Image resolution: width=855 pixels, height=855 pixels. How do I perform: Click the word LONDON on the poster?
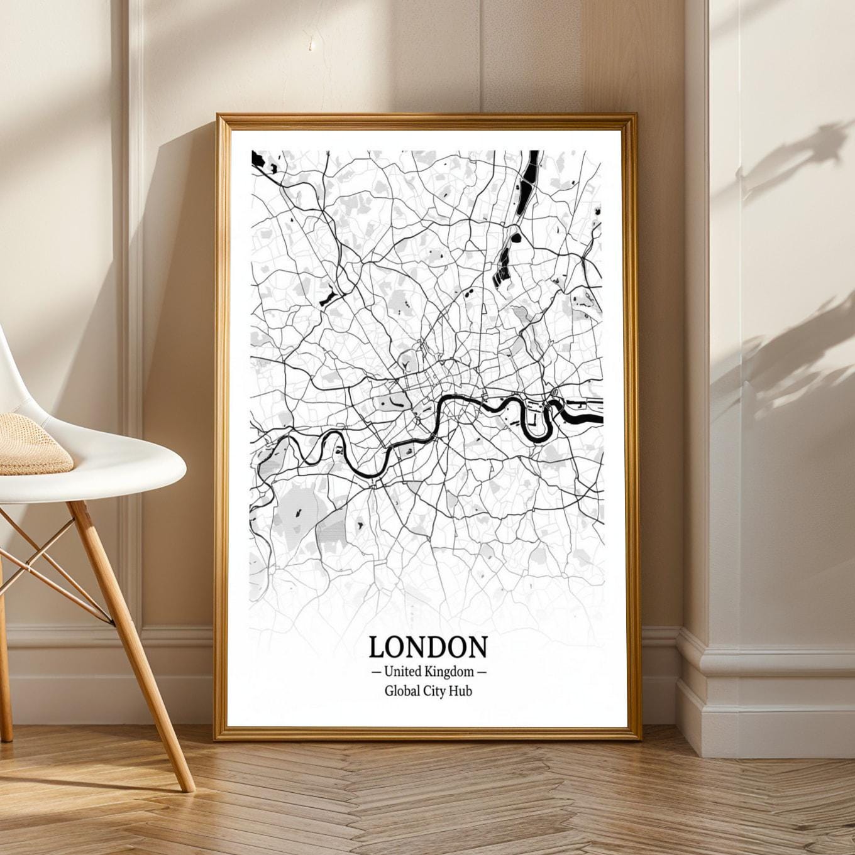point(427,646)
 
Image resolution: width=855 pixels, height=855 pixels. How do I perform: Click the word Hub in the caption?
point(461,691)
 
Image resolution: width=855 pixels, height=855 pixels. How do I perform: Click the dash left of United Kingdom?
point(376,672)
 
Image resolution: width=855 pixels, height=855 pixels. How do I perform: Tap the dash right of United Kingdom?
point(482,672)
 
